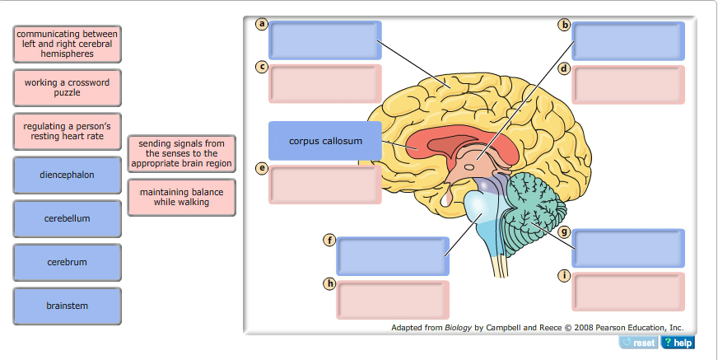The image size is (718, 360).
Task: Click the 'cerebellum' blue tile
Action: tap(67, 218)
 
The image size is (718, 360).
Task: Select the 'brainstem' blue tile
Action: tap(67, 306)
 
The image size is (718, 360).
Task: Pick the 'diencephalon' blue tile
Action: tap(67, 175)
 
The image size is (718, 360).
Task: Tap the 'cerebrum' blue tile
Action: tap(67, 262)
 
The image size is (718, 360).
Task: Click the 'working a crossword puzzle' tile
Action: tap(67, 87)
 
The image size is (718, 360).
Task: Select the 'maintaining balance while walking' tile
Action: tap(181, 197)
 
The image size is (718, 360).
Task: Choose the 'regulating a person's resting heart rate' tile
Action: tap(67, 131)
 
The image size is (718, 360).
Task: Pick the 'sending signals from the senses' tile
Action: tap(181, 153)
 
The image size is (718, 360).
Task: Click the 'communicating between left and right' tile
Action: tap(67, 44)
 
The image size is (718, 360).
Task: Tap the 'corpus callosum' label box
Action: tap(325, 141)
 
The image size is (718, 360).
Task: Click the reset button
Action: tap(639, 343)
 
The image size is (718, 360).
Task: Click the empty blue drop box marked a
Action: tap(325, 40)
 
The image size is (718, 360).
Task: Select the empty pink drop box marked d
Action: tap(628, 84)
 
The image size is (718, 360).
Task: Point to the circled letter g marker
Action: tap(564, 232)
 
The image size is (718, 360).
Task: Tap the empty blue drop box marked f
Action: tap(392, 256)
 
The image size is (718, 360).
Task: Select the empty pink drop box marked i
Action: tap(628, 292)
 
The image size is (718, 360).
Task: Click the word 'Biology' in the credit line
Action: tap(458, 327)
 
